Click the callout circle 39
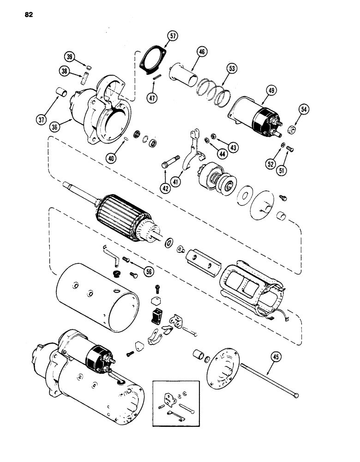click(69, 57)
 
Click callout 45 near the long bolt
click(276, 357)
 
